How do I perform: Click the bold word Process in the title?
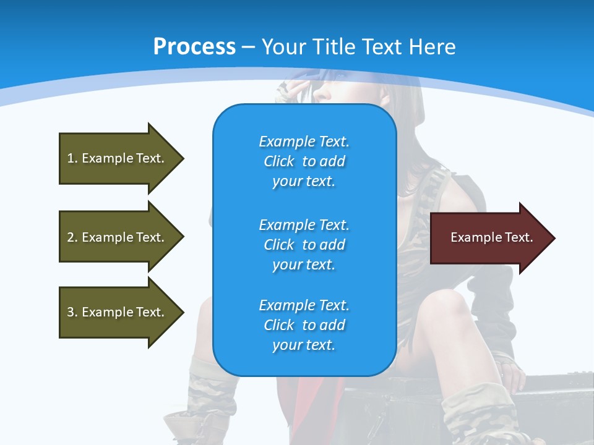click(194, 47)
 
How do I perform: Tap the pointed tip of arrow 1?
click(182, 158)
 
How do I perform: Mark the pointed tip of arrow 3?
click(182, 312)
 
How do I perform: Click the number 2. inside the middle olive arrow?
click(72, 237)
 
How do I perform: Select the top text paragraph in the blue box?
click(304, 161)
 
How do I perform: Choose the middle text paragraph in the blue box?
click(304, 245)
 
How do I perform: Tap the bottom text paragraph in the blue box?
click(304, 325)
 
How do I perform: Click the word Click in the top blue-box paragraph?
click(279, 161)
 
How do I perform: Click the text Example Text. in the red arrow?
click(491, 237)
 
